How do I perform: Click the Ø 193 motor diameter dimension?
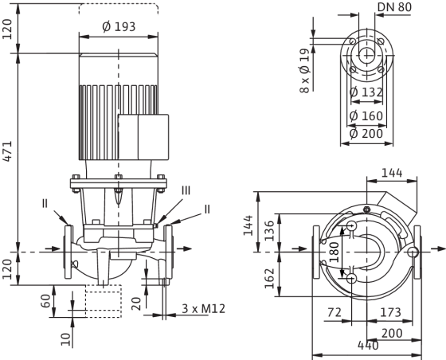pos(119,27)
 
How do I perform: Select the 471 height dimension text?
pos(7,151)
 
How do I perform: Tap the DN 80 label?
pos(394,7)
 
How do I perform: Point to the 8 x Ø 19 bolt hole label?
pos(304,71)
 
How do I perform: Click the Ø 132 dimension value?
pos(366,92)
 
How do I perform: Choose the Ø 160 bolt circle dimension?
pos(366,116)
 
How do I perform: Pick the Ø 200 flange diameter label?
pos(366,133)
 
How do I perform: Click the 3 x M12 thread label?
pos(203,308)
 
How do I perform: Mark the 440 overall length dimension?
pos(368,346)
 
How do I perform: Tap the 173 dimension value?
pos(390,312)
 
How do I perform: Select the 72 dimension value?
pos(334,312)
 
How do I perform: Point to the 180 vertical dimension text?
pos(334,252)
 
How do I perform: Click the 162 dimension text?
pos(269,278)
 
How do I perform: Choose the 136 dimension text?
pos(269,230)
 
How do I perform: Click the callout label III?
pos(186,190)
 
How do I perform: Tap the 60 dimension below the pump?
pos(46,301)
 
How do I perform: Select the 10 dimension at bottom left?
pos(66,339)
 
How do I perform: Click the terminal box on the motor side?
pos(143,137)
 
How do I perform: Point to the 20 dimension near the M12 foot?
pos(137,303)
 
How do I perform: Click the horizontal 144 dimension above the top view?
pos(392,173)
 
